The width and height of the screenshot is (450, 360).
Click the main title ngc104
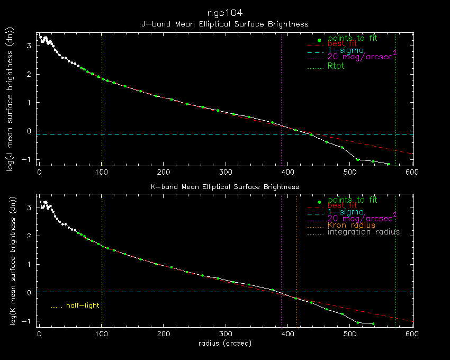[x=225, y=12]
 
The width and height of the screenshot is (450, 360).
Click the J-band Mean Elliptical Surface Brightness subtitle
[x=225, y=24]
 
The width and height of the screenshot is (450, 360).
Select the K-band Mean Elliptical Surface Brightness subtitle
[x=225, y=187]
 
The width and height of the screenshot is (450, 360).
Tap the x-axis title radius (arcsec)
[x=225, y=343]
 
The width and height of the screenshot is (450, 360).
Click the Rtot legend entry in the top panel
[x=336, y=66]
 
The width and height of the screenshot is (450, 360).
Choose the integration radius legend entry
[x=364, y=232]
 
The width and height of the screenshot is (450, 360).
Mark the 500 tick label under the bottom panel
[x=350, y=334]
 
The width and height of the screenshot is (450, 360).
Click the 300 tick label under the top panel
[x=226, y=172]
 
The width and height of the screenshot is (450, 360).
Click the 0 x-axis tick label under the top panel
[x=39, y=172]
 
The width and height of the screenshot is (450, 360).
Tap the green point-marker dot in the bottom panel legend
[x=319, y=202]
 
